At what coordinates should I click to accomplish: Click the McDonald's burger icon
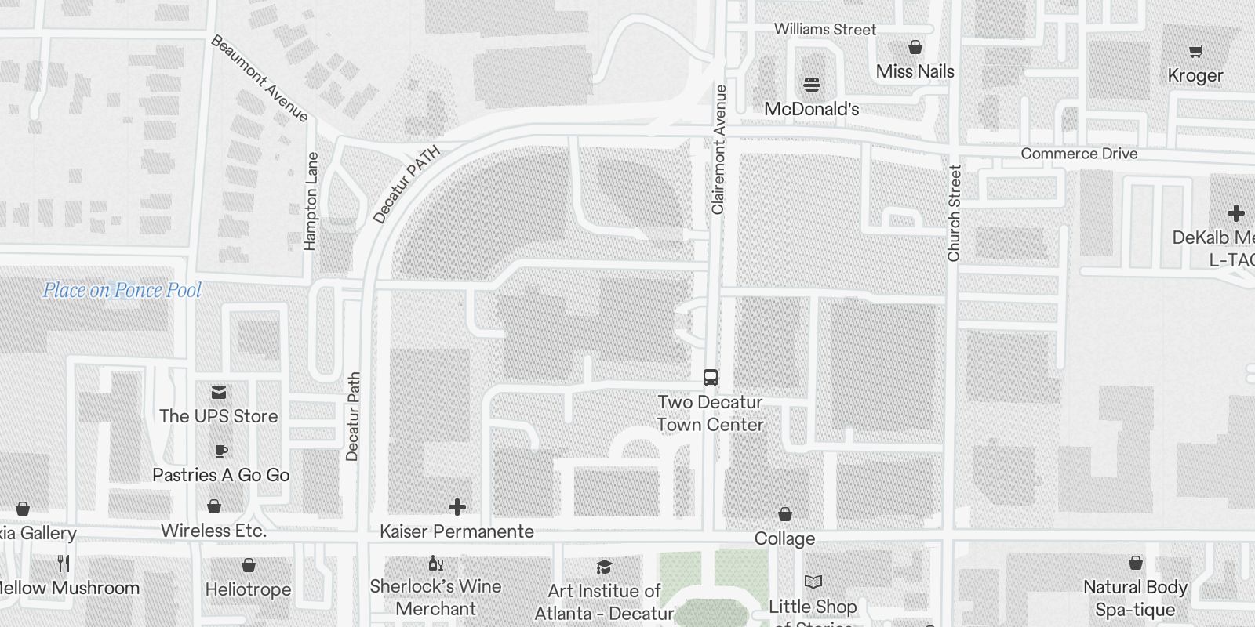811,85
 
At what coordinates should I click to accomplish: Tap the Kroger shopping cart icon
1195,52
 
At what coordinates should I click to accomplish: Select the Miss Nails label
915,71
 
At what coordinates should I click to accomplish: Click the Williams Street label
824,30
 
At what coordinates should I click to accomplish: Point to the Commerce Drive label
1079,154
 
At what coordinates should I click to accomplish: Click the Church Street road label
954,213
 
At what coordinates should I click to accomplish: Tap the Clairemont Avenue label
718,150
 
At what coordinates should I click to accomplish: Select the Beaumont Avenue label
260,78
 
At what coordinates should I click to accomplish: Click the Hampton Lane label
311,201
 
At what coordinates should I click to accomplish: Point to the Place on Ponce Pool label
122,291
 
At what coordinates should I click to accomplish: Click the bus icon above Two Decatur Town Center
710,378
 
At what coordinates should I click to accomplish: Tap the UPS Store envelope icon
218,393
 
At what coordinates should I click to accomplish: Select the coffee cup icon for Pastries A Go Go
220,451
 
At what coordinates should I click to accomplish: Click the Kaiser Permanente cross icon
457,507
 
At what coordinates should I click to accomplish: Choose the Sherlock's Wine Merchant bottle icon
435,563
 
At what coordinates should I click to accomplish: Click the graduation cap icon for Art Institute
604,567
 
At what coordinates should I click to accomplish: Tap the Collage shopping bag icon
784,514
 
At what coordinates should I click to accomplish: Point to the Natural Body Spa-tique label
1135,598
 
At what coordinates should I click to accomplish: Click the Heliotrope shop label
248,589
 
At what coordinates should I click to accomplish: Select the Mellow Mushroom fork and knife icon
64,564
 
